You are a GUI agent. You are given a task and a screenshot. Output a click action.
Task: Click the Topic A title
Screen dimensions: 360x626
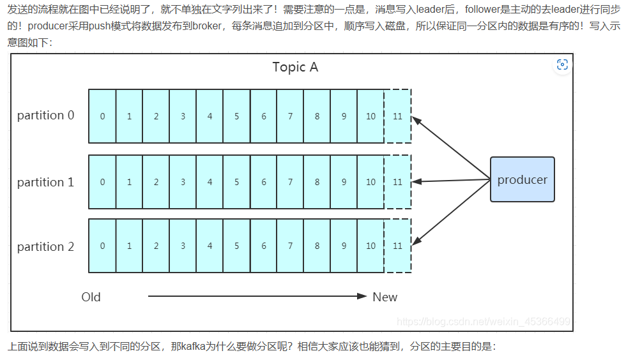pyautogui.click(x=295, y=67)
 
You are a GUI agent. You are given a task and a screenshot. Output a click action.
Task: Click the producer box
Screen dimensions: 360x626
pyautogui.click(x=522, y=179)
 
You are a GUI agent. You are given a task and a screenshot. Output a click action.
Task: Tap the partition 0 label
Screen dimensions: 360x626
pyautogui.click(x=45, y=116)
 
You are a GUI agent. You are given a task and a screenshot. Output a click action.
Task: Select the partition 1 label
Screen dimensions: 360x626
pyautogui.click(x=45, y=182)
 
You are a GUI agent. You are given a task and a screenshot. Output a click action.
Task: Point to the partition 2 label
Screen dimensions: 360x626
pyautogui.click(x=45, y=246)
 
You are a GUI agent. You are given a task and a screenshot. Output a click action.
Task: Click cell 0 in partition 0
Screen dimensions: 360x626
pyautogui.click(x=102, y=116)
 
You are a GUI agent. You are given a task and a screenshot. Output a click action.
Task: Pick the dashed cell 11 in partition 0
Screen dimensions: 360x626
pyautogui.click(x=397, y=116)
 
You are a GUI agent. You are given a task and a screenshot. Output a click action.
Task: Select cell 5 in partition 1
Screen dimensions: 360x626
pyautogui.click(x=236, y=182)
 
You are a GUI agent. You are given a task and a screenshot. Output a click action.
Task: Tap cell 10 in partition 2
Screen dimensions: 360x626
pyautogui.click(x=370, y=246)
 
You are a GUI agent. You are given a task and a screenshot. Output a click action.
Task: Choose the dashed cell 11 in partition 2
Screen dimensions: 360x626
pyautogui.click(x=397, y=246)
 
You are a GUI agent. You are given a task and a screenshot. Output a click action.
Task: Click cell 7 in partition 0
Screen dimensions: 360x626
pyautogui.click(x=290, y=116)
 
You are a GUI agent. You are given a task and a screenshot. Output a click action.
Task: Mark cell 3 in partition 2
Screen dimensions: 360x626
pyautogui.click(x=183, y=246)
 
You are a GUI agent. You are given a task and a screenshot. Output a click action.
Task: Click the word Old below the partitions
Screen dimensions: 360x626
pyautogui.click(x=91, y=297)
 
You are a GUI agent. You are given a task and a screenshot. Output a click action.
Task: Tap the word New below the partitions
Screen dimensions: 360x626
pyautogui.click(x=385, y=297)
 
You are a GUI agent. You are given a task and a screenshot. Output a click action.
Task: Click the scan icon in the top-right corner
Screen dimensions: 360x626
pyautogui.click(x=562, y=64)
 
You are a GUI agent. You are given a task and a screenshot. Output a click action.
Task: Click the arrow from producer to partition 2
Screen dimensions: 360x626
pyautogui.click(x=451, y=212)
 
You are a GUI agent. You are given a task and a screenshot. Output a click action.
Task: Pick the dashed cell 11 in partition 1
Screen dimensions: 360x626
pyautogui.click(x=397, y=182)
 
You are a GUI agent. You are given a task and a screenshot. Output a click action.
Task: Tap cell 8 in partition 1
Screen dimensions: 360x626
pyautogui.click(x=317, y=182)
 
